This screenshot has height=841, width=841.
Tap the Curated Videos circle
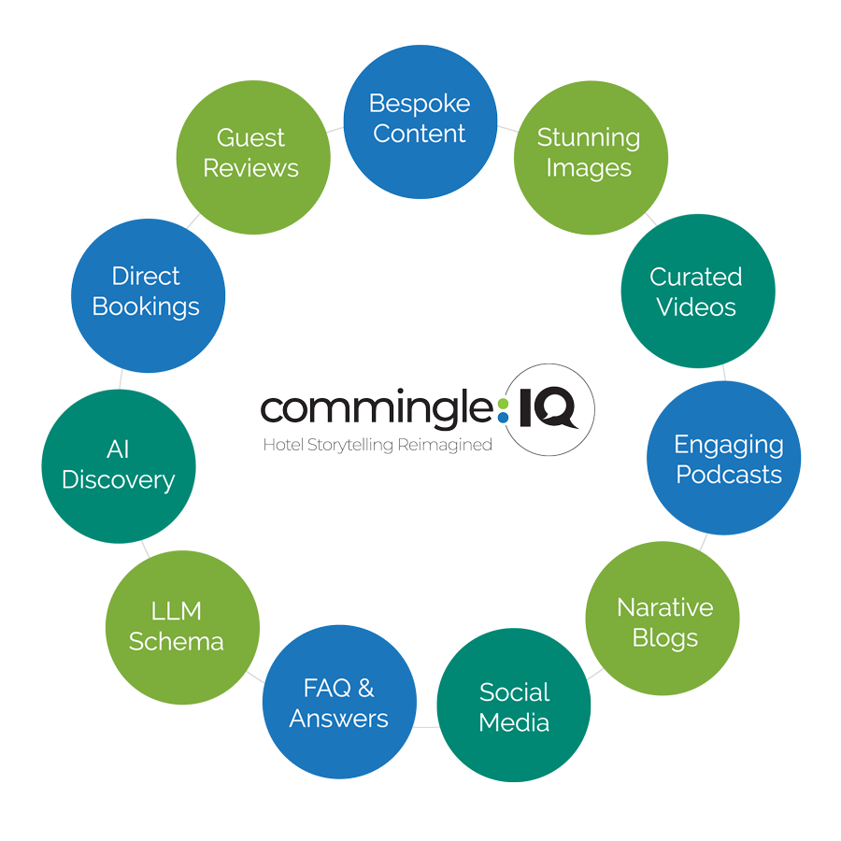697,292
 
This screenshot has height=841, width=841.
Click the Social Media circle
514,706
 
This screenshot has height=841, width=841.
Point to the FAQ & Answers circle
339,703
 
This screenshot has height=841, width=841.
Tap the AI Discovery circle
119,465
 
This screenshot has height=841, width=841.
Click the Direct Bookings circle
148,292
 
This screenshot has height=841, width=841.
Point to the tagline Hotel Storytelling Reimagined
377,445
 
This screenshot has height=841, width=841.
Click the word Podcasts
729,475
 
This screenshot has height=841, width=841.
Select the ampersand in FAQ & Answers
365,690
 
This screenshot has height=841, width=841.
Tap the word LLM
177,611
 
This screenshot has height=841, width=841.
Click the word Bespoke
420,104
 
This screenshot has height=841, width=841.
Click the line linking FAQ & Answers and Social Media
426,726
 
